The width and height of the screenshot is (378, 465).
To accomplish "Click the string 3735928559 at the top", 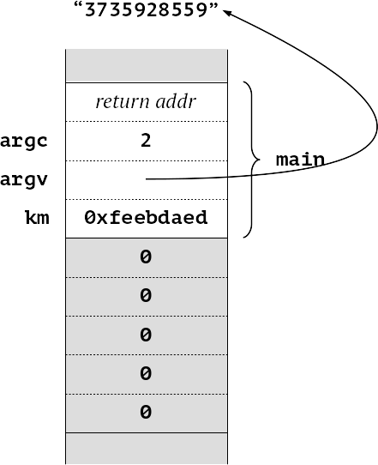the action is coord(146,9).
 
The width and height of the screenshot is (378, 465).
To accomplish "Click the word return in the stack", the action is coord(123,102).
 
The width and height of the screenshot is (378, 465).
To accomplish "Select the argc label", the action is coord(24,142).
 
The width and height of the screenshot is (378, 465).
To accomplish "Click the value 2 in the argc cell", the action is coord(146,141).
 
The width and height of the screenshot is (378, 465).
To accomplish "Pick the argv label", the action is coord(24,179).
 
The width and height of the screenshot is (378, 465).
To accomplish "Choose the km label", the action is coord(38,217).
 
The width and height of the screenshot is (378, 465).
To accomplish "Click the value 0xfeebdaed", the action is coord(146,217).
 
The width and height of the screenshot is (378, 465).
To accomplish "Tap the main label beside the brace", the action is coord(300,160).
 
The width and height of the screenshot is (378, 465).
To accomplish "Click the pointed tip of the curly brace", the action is coord(260,160).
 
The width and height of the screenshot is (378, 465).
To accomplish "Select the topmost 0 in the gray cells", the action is coord(146,257).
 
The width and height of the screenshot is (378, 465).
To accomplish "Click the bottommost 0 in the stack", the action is coord(146,412).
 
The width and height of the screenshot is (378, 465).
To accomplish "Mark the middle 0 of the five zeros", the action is coord(146,335).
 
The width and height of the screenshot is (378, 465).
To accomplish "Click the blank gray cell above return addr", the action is coord(147,66).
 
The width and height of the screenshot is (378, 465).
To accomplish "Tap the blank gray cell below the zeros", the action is coord(147,449).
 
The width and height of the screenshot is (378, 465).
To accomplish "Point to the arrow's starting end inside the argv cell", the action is coord(146,179).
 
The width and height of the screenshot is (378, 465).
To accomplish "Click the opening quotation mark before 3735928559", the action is coord(78,6).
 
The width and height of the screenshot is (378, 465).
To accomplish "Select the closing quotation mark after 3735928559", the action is coord(213,6).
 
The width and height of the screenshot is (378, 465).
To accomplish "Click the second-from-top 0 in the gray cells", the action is coord(146,295).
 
